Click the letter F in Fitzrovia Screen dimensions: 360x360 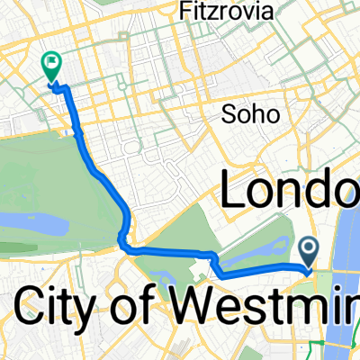coord(186,12)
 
